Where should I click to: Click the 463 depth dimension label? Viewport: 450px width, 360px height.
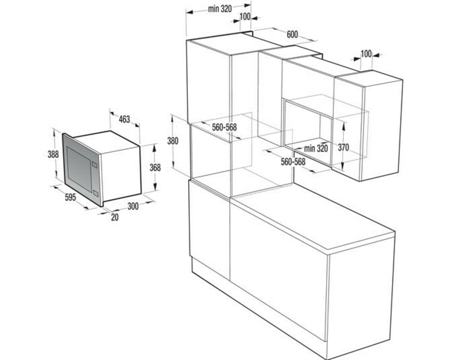coord(124,119)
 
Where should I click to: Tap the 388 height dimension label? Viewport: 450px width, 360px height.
coord(53,154)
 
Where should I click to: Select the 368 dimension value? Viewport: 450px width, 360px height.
coord(155,167)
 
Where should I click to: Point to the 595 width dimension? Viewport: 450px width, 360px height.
coord(70,197)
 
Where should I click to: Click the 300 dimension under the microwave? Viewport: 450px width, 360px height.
coord(133,206)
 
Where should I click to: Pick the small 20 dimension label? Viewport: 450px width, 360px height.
coord(114,217)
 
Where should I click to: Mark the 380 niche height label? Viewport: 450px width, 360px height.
coord(173,140)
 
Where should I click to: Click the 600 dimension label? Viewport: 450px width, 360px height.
coord(292,34)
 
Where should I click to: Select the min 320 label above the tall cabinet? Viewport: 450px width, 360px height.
coord(220,9)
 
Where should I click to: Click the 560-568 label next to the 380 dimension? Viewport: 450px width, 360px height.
coord(224,127)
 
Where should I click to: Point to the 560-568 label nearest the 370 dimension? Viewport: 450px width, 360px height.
coord(293,162)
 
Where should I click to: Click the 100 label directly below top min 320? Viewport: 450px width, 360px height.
coord(245,17)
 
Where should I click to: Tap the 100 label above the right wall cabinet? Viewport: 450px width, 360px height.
coord(366,54)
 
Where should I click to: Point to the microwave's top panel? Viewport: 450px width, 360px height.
coord(106,141)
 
